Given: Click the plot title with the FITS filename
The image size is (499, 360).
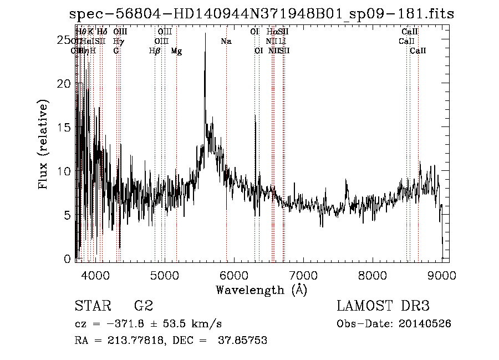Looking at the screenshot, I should pyautogui.click(x=262, y=14).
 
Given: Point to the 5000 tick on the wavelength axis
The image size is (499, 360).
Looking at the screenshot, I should pyautogui.click(x=165, y=275).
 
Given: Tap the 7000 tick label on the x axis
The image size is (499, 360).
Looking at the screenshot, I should pyautogui.click(x=303, y=275).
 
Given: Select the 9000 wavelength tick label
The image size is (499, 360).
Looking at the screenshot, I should pyautogui.click(x=441, y=275).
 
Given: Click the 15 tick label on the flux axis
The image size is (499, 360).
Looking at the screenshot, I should pyautogui.click(x=65, y=128).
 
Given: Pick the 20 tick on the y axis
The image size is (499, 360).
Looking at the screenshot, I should pyautogui.click(x=65, y=84).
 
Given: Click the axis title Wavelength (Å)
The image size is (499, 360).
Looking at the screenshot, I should pyautogui.click(x=261, y=290).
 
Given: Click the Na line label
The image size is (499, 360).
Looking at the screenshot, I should pyautogui.click(x=226, y=42).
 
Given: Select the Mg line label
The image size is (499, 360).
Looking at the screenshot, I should pyautogui.click(x=176, y=51).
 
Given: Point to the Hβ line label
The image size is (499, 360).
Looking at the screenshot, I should pyautogui.click(x=155, y=51).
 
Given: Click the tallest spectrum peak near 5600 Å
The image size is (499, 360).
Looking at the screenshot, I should pyautogui.click(x=206, y=34).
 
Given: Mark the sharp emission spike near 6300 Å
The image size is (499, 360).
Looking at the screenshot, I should pyautogui.click(x=255, y=116).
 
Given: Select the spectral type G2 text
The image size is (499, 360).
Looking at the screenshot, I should pyautogui.click(x=144, y=306).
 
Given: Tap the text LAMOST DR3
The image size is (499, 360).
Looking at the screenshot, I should pyautogui.click(x=383, y=306).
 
